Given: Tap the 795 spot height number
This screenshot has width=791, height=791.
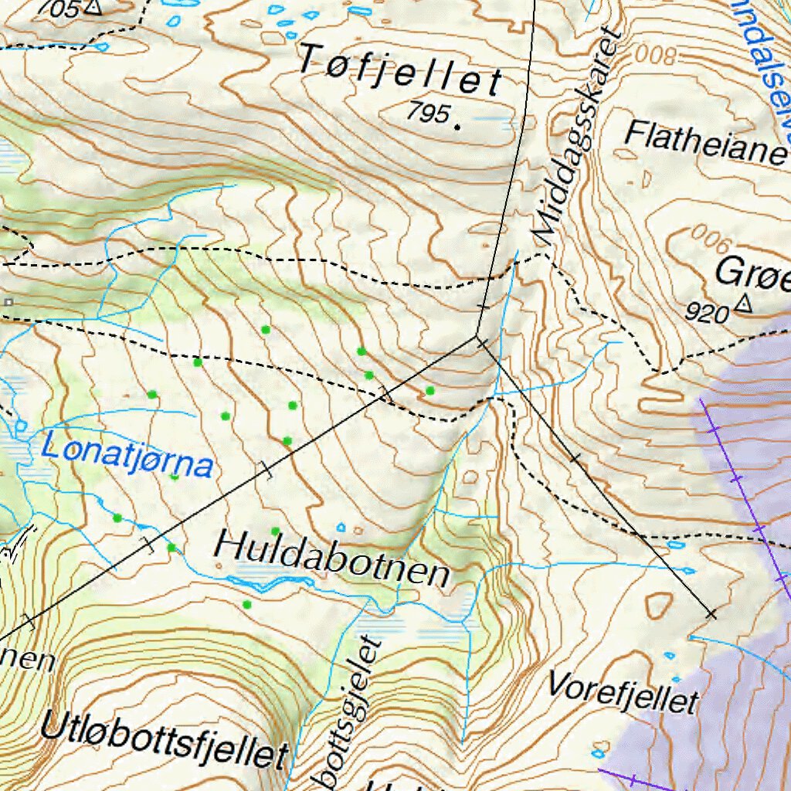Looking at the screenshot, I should [x=429, y=114].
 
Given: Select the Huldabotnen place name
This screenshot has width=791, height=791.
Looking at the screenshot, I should [x=331, y=558].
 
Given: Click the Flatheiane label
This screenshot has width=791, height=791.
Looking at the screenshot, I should [x=704, y=143].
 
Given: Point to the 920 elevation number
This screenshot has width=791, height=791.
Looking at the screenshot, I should [x=707, y=314].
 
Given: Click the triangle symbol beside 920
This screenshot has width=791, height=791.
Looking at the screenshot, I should [x=743, y=304].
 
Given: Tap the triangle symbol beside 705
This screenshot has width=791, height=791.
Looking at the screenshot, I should [x=93, y=7].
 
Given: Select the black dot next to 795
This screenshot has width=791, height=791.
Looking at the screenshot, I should [x=458, y=125].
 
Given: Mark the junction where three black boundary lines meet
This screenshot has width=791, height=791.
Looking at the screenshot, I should [x=478, y=338].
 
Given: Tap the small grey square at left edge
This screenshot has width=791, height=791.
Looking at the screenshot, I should [x=8, y=301].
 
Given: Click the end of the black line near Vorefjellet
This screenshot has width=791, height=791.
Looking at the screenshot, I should [x=711, y=614].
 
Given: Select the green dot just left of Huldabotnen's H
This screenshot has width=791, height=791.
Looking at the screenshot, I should [x=171, y=548].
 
